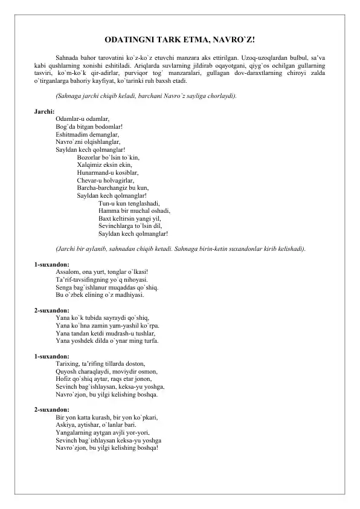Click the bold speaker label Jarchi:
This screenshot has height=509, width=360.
(x=44, y=112)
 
